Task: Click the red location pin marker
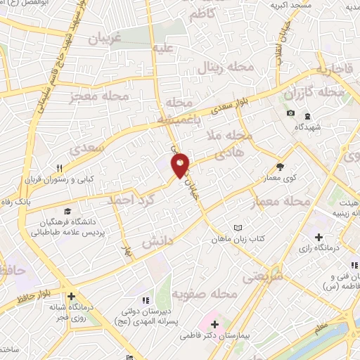[x=181, y=164]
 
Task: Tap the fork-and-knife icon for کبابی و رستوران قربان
[x=61, y=168]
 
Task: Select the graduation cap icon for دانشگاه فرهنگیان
[x=67, y=211]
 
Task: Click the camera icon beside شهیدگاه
[x=290, y=113]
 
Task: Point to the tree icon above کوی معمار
[x=281, y=167]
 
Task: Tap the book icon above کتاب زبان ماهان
[x=237, y=229]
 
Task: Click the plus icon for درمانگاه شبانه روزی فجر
[x=71, y=297]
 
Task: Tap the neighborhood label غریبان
[x=104, y=40]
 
